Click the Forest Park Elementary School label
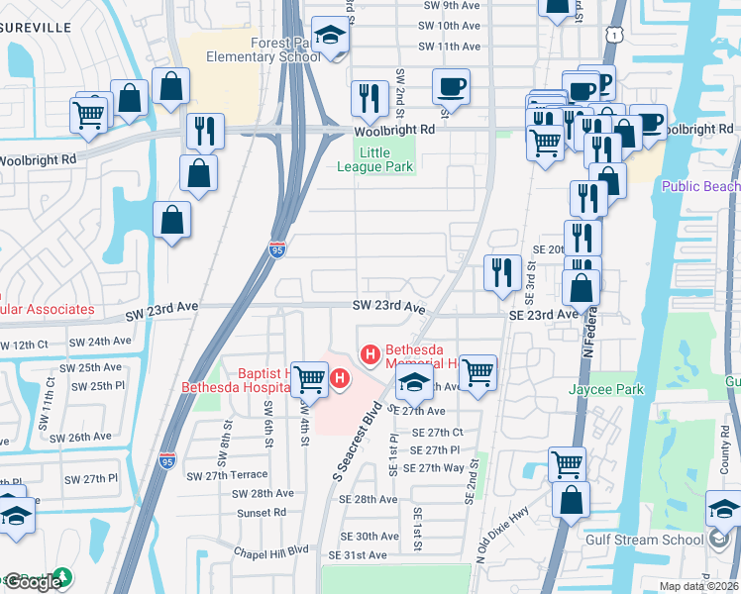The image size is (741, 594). (x=262, y=49)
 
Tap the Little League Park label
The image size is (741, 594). (x=385, y=159)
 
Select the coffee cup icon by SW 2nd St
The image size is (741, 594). (x=451, y=86)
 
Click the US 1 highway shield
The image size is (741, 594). (x=614, y=37)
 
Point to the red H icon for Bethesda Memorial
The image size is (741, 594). (x=370, y=352)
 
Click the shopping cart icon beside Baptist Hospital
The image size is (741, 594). (x=310, y=377)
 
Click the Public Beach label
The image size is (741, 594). (x=700, y=186)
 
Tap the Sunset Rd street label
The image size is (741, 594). (x=262, y=513)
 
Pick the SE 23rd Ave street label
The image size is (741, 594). (x=542, y=314)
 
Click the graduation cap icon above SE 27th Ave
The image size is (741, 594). (x=413, y=382)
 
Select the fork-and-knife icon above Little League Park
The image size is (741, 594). (x=370, y=97)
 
